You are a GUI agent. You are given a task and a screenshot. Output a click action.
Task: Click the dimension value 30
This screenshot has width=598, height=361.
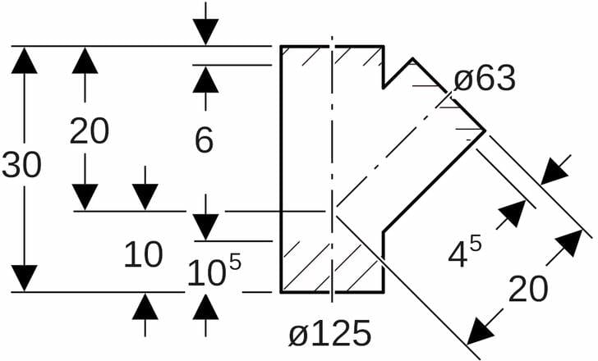(x=21, y=166)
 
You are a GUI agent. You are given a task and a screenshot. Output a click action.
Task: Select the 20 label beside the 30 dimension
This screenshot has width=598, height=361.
(x=89, y=130)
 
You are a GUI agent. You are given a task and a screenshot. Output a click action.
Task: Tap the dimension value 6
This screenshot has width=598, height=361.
(x=205, y=140)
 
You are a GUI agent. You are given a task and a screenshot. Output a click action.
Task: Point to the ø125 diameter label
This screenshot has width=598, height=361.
(x=330, y=334)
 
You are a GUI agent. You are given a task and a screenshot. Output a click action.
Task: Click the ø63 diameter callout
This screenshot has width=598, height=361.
(x=485, y=80)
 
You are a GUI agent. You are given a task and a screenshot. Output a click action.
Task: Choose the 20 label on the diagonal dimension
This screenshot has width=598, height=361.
(x=528, y=290)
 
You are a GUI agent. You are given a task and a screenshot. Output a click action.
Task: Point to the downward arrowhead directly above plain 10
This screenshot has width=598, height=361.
(x=145, y=197)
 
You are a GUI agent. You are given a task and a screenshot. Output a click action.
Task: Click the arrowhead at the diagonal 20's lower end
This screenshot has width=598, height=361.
(x=481, y=331)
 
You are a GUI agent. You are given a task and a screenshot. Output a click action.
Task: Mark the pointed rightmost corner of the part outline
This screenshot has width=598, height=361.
(x=485, y=130)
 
